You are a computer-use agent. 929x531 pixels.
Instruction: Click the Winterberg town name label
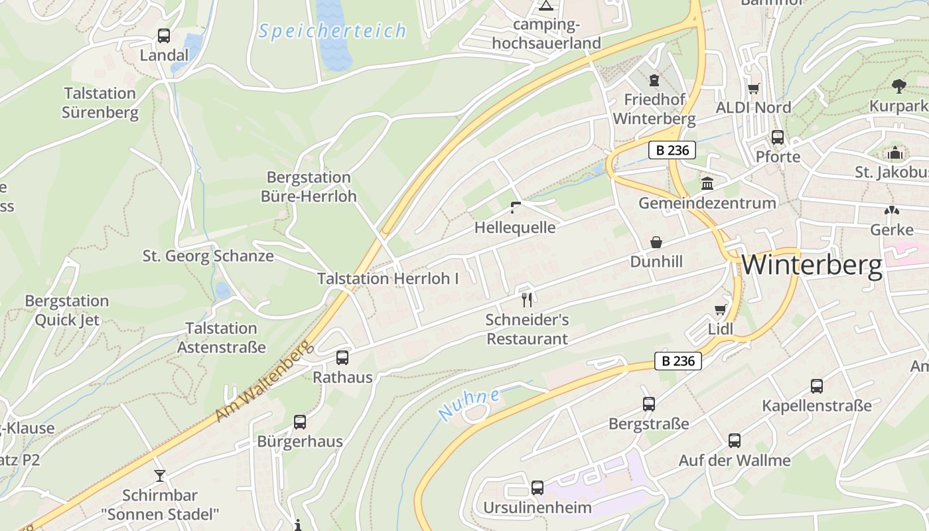point(812,265)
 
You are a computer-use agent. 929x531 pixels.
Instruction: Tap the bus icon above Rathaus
point(342,358)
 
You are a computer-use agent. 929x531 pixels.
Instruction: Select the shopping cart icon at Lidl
point(720,309)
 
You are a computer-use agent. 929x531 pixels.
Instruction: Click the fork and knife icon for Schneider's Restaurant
point(527,299)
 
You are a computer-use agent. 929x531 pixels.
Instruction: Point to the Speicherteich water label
point(332,31)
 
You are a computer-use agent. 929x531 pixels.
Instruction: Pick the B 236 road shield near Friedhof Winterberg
point(672,151)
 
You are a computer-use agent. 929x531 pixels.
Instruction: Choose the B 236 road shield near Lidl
point(678,361)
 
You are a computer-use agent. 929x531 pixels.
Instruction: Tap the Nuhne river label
point(469,403)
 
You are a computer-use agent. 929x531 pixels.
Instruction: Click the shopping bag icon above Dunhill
point(656,242)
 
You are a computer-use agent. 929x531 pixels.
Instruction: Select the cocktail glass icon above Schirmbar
point(160,475)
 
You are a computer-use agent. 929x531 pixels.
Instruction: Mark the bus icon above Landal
point(164,36)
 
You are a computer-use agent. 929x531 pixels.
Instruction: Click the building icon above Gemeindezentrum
point(707,183)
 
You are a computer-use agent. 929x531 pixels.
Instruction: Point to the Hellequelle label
point(515,228)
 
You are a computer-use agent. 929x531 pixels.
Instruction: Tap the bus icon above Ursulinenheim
point(537,488)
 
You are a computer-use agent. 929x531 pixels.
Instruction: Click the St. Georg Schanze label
point(208,256)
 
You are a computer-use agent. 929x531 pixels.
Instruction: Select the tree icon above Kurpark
point(899,86)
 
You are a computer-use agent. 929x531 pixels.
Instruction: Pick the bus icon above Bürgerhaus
point(300,421)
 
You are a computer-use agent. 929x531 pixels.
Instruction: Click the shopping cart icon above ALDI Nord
point(753,88)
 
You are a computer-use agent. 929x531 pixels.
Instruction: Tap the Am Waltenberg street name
point(263,382)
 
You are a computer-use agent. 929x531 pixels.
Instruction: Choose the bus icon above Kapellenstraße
point(817,386)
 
